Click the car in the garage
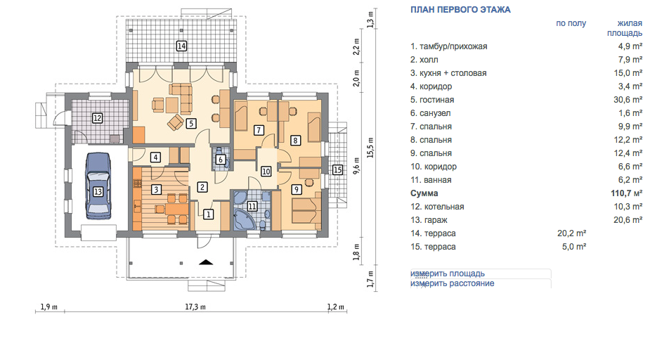click(x=98, y=186)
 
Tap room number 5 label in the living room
click(x=191, y=123)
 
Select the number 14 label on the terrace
click(x=181, y=46)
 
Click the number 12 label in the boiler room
click(x=97, y=118)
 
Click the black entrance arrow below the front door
click(x=206, y=262)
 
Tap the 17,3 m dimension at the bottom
click(x=195, y=307)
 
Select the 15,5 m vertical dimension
click(x=370, y=148)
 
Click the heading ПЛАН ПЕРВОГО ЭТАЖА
click(x=460, y=10)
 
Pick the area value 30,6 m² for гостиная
click(x=628, y=100)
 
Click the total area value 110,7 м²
click(x=627, y=193)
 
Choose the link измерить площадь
click(x=448, y=274)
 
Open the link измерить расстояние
click(x=452, y=283)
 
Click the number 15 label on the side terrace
click(x=337, y=170)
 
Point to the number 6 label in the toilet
click(x=221, y=160)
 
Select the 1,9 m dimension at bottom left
click(x=49, y=307)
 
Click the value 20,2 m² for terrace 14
click(x=571, y=233)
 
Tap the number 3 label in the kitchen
click(x=156, y=189)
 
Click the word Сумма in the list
click(x=424, y=193)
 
